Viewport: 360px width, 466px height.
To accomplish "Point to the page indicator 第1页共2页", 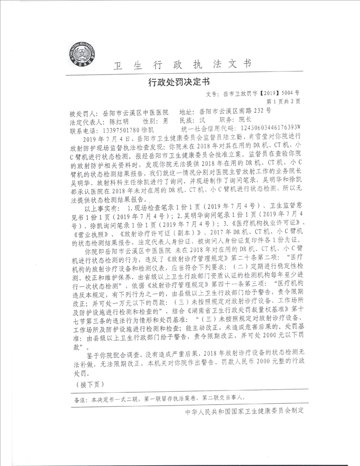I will (282, 101).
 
